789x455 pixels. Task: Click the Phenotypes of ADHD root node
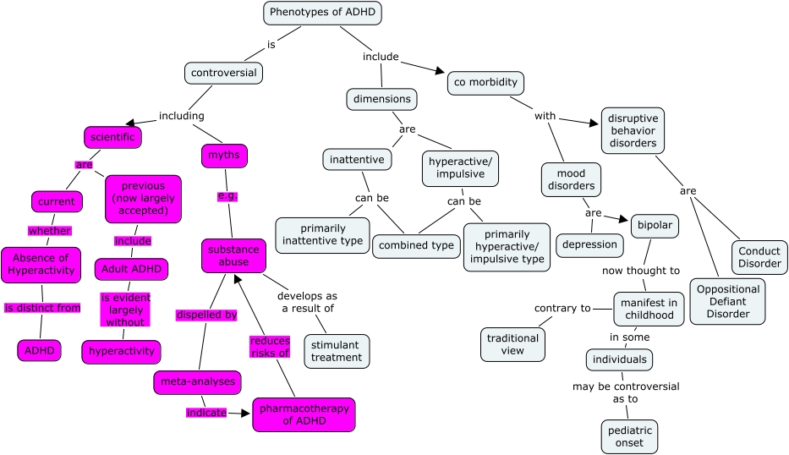point(322,13)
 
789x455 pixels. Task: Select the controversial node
point(223,73)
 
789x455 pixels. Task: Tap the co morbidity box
point(485,83)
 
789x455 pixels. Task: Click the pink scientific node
point(112,136)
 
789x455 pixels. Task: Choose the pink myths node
point(223,156)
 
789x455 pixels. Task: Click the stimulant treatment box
point(337,350)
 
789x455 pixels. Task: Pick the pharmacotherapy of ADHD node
point(304,414)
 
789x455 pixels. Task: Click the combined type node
point(415,245)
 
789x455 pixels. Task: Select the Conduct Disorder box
point(759,256)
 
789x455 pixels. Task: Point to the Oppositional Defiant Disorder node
point(727,301)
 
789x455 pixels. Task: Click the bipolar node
point(655,227)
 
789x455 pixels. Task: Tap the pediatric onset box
point(629,436)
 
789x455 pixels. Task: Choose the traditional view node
point(513,343)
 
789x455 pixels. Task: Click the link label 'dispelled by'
point(205,315)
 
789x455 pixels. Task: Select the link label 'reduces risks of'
point(270,348)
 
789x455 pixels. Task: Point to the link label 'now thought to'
point(640,271)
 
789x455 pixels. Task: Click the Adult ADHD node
point(131,270)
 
